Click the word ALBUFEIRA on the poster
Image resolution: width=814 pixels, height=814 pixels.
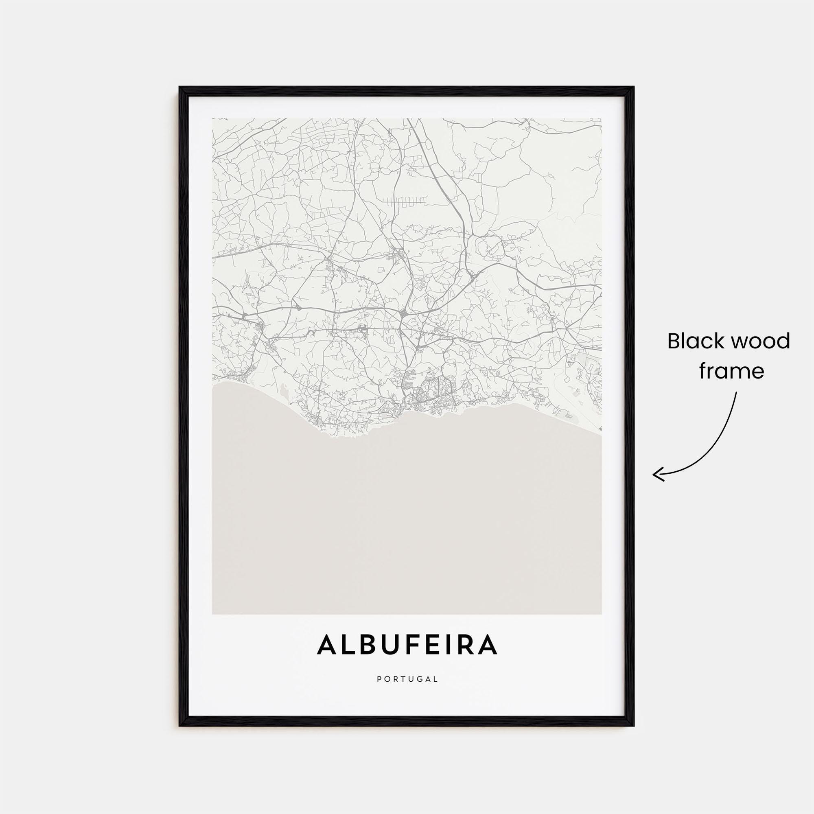[x=407, y=657]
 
